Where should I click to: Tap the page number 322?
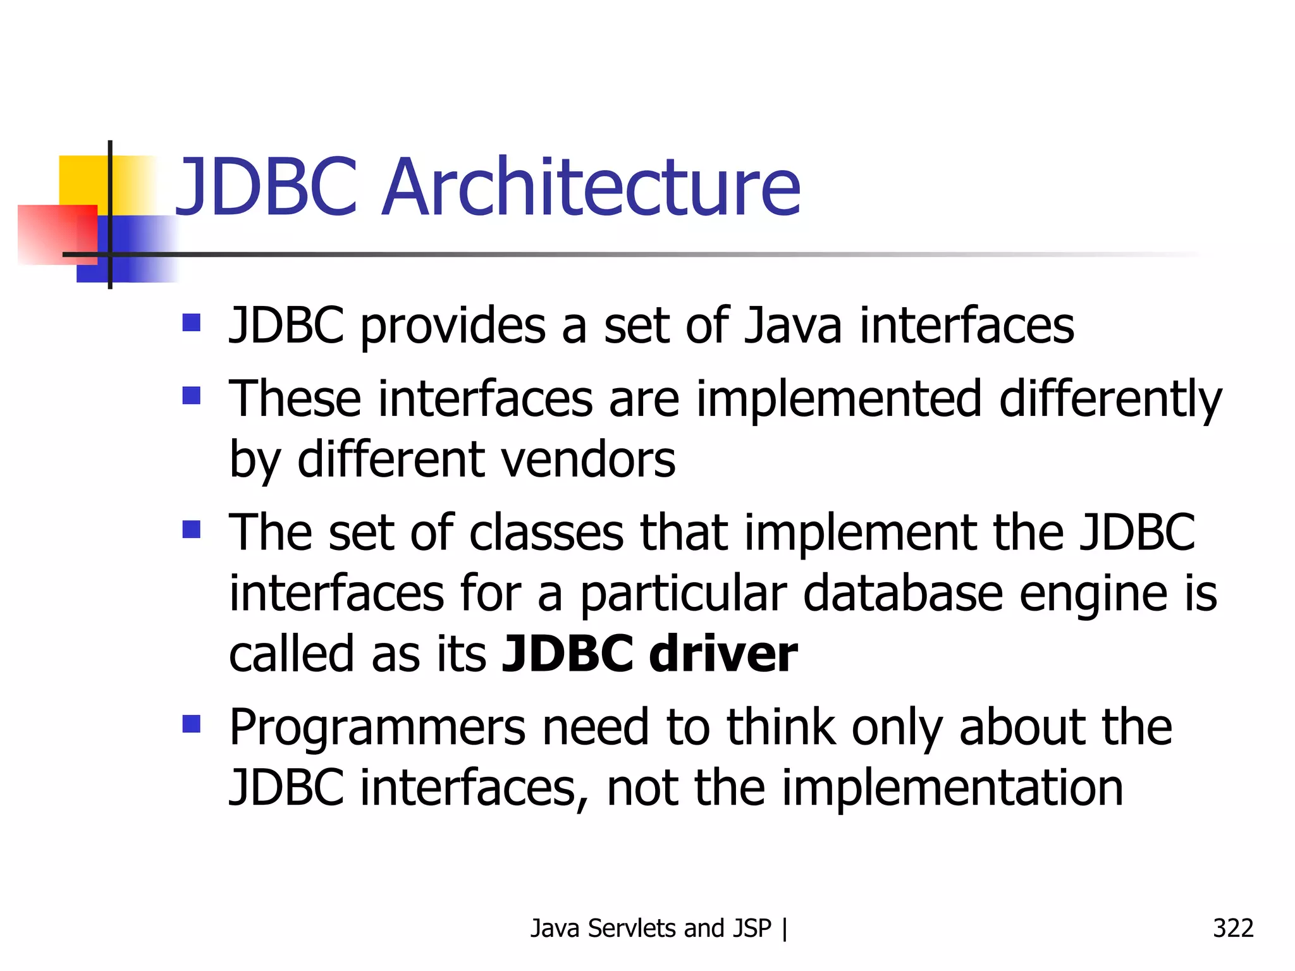click(1233, 928)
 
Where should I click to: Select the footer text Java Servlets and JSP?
click(651, 928)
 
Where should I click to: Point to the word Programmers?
click(377, 728)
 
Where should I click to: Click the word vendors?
click(580, 460)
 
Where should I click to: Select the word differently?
click(1110, 400)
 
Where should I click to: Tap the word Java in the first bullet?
click(792, 326)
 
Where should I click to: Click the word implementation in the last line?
click(952, 788)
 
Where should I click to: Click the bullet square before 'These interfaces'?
click(191, 396)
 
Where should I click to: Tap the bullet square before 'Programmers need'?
click(191, 723)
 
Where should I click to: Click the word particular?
click(684, 594)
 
